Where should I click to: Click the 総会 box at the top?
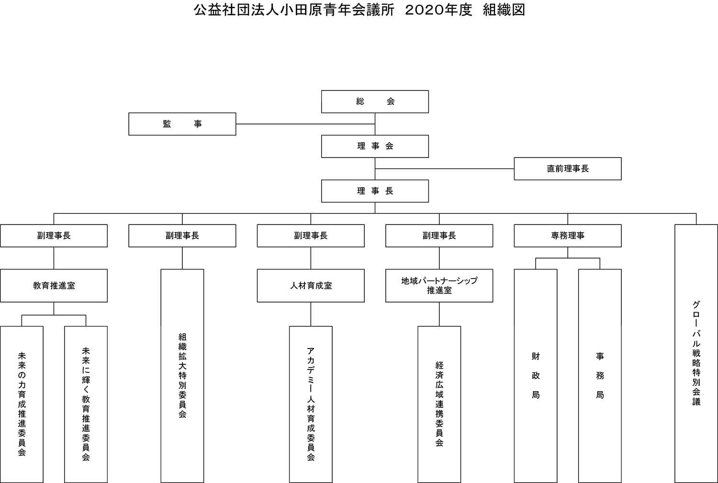375,101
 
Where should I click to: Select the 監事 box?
182,124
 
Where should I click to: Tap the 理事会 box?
375,146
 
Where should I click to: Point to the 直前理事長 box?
568,168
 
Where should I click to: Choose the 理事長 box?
375,191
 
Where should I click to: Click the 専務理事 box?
568,236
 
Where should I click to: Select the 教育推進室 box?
54,286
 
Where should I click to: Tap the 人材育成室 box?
311,286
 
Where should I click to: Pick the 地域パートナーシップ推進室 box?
439,286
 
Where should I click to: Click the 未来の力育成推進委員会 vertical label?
22,404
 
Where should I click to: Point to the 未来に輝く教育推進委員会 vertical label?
86,404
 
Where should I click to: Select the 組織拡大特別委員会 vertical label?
182,375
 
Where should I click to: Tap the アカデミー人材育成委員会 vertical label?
311,404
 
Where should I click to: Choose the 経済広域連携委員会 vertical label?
439,404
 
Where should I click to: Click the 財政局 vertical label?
536,375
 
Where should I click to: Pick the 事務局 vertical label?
600,375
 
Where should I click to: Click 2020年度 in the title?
438,10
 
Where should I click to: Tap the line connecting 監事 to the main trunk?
305,124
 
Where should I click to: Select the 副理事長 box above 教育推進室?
54,236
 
